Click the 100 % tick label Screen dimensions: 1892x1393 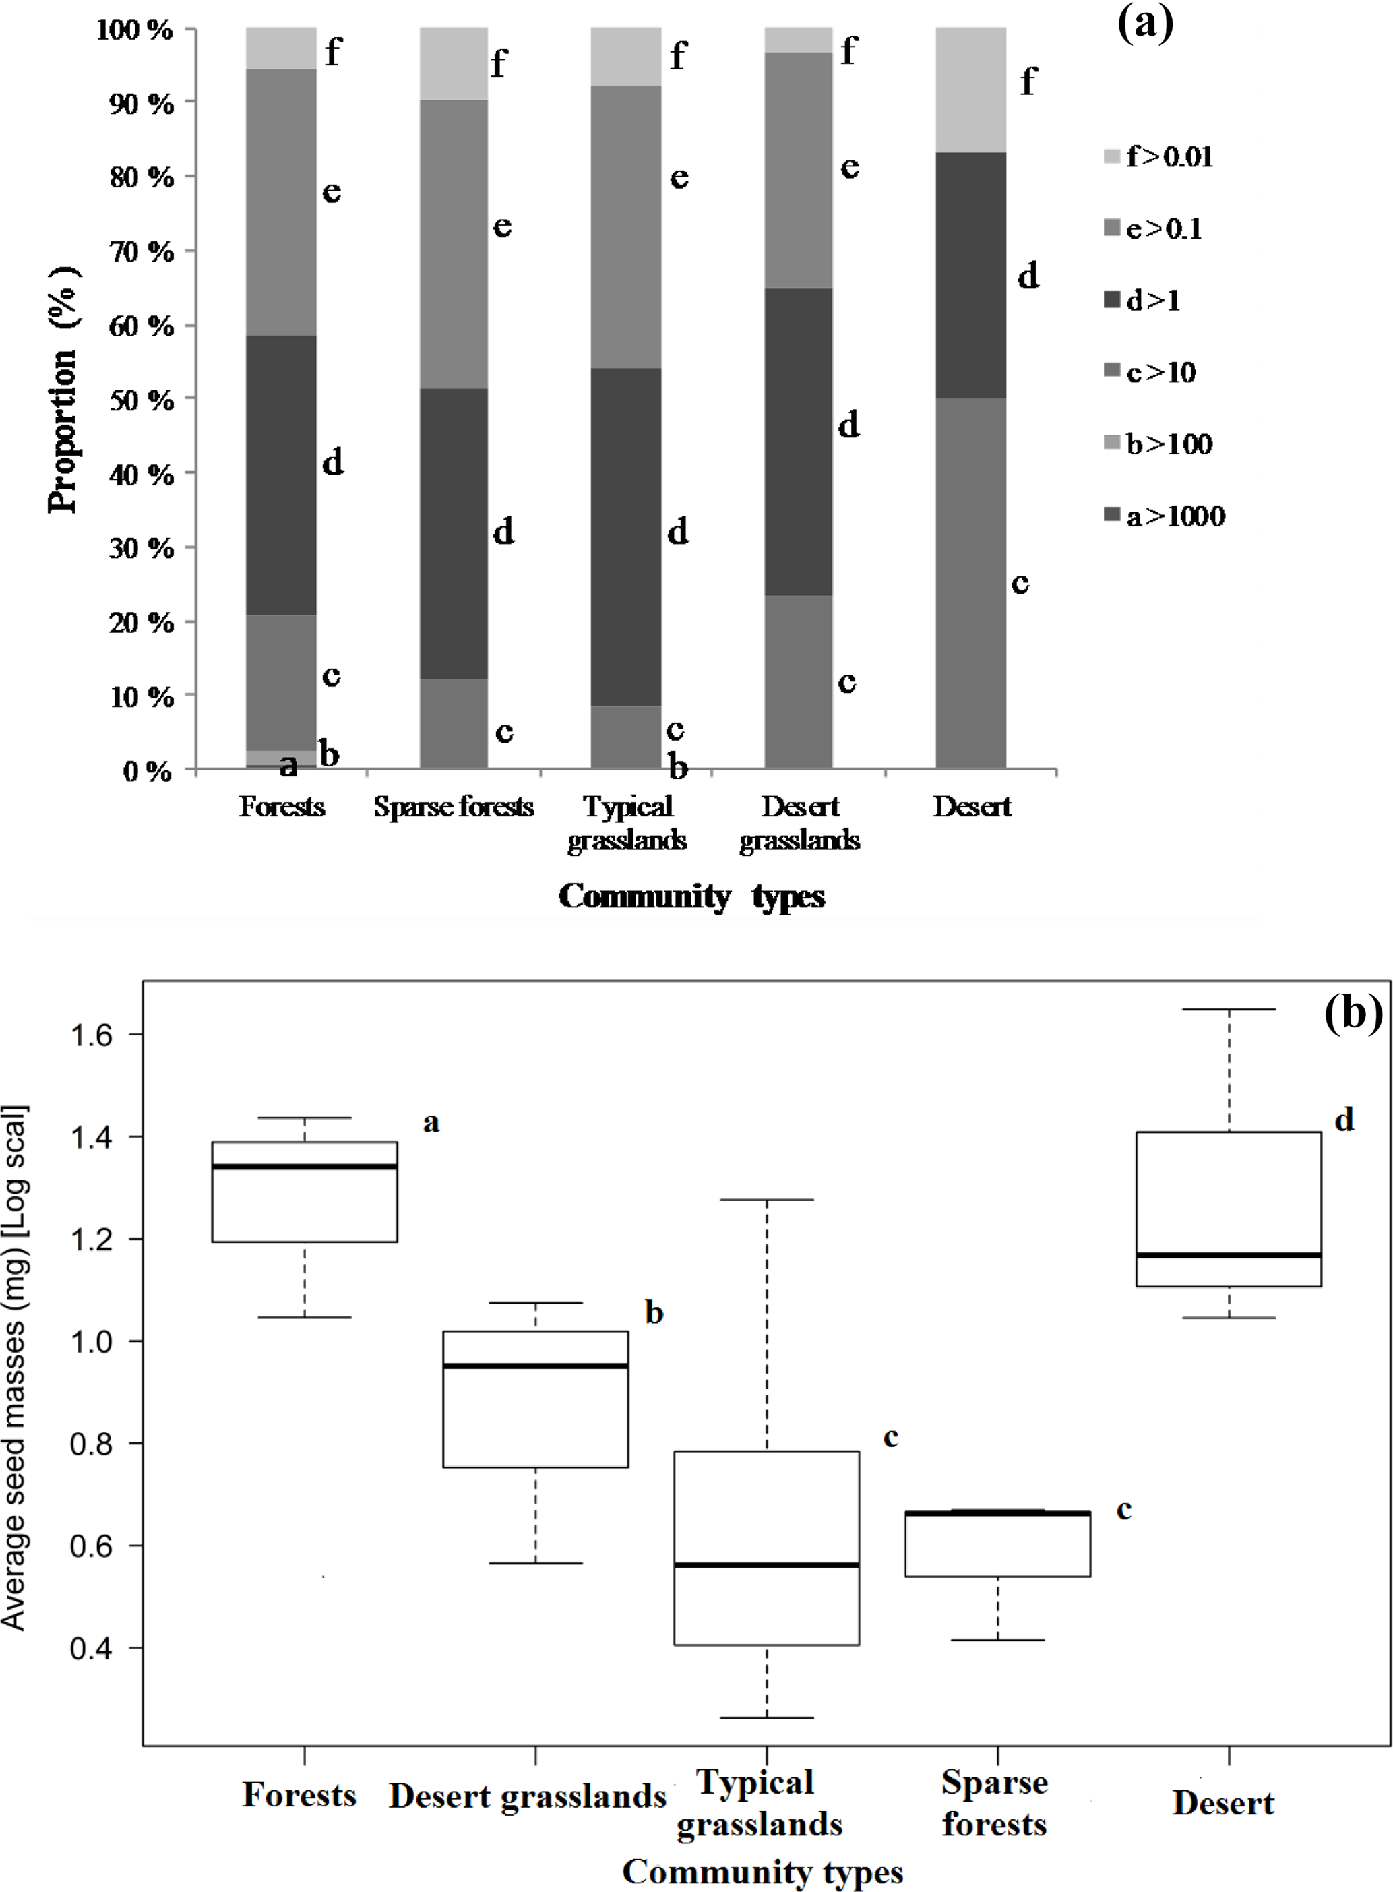pos(135,30)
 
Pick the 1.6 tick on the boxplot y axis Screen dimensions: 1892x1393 pos(91,1035)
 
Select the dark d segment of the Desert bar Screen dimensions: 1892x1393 pos(970,275)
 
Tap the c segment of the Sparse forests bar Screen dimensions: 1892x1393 pos(454,723)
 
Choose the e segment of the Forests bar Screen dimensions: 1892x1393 pos(282,202)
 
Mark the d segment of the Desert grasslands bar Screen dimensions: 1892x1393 pos(798,441)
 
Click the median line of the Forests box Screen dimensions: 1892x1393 pos(305,1167)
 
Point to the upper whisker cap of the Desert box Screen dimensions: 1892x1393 pos(1229,1009)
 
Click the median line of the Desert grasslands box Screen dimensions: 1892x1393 pos(536,1366)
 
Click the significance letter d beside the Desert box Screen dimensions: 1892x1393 pos(1344,1120)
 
